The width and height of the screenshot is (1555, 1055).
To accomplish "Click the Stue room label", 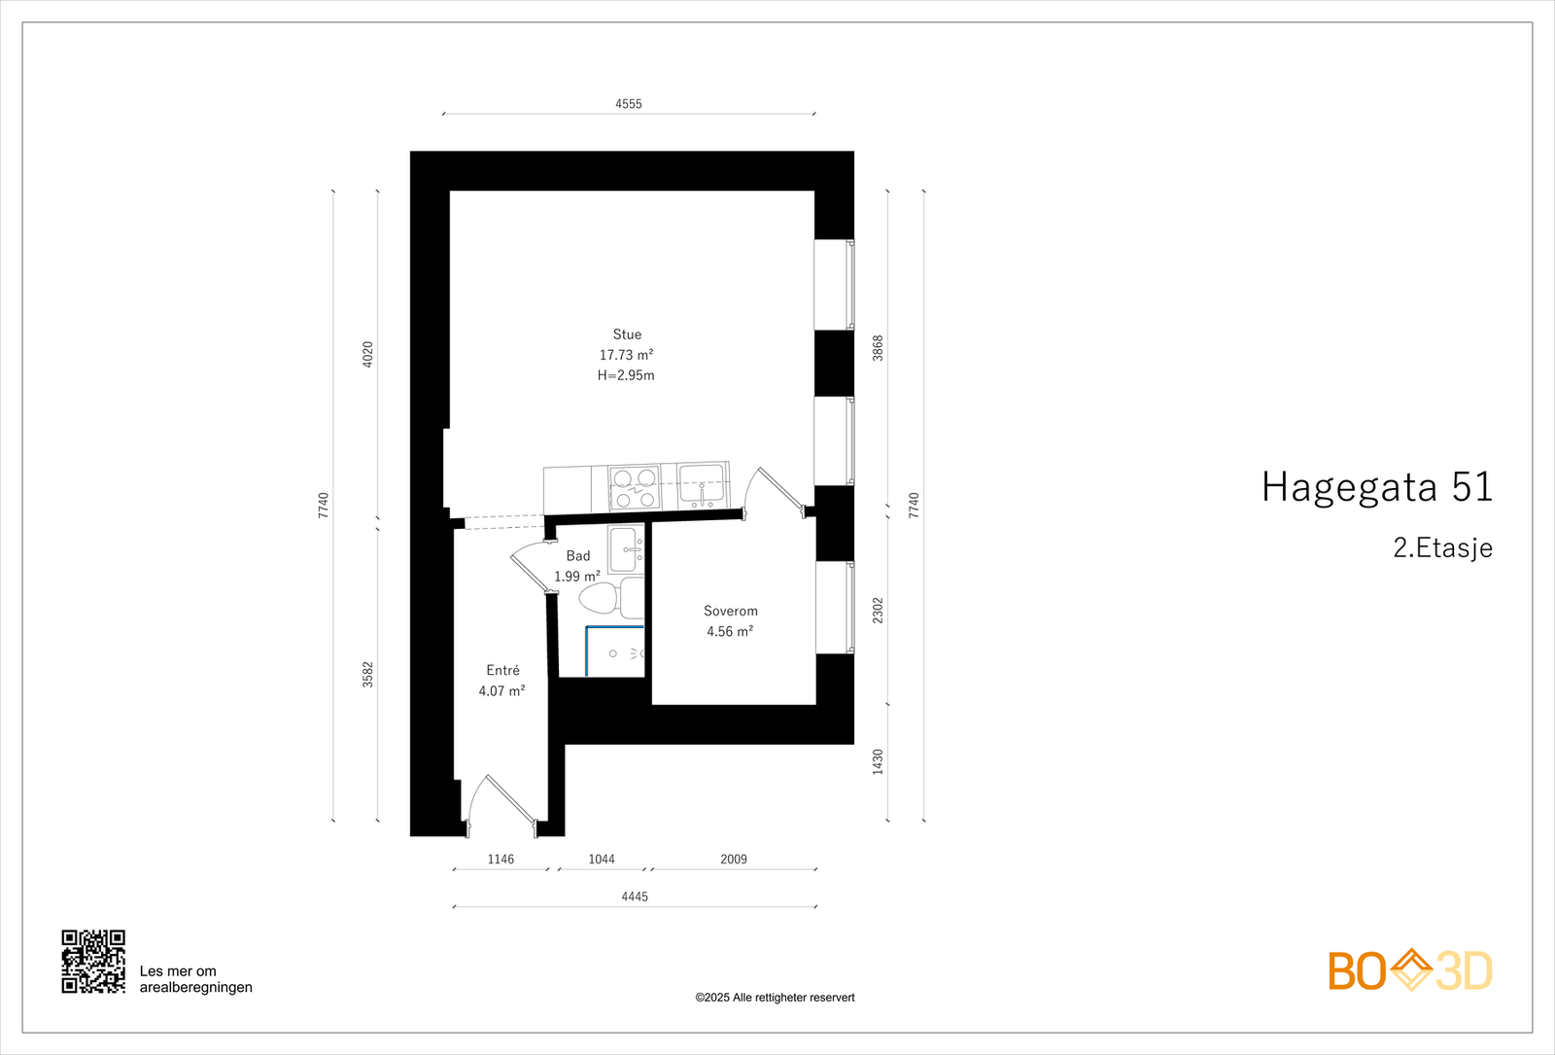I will coord(627,334).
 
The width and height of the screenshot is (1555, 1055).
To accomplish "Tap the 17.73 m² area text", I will coord(626,355).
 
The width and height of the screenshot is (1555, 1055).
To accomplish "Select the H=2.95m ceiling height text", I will coord(626,375).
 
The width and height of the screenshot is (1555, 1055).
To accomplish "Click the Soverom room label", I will coord(731,611).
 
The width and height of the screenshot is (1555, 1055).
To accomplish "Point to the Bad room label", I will coord(578,556).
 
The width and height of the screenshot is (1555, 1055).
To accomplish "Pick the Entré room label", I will coord(502,670).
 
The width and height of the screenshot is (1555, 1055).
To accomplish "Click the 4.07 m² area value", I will coord(501,691).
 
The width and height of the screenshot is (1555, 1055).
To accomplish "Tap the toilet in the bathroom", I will coord(600,597).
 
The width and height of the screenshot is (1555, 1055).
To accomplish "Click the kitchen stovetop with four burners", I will coord(634,487).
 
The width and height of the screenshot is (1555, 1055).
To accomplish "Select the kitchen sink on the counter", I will coord(701,484).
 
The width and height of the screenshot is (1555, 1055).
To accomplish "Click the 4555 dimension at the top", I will coord(629,104).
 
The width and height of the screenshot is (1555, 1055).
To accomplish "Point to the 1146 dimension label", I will coord(501,860).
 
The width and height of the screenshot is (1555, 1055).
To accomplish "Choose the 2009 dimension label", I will coord(734,860).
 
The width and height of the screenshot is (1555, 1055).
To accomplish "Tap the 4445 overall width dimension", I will coord(635,897).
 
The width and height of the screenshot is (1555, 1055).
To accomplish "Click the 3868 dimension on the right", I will coord(878,348).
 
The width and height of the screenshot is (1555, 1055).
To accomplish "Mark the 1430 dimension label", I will coord(878,761).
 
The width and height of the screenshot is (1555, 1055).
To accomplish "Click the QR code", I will coord(93,962).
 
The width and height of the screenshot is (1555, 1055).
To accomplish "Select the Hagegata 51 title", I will coord(1376,487).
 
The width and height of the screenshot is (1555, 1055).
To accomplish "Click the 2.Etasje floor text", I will coord(1442,548).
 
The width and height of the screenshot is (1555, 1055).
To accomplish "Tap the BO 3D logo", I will coord(1410,970).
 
